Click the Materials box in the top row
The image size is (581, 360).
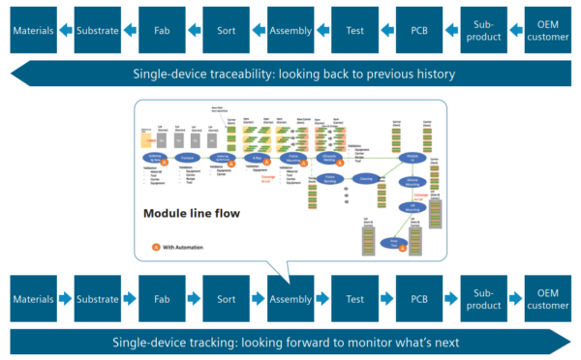(x=33, y=30)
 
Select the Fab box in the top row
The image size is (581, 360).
(x=162, y=30)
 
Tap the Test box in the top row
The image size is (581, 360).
(x=354, y=30)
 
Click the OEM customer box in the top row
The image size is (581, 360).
(x=547, y=30)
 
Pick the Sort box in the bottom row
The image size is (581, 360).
(x=226, y=299)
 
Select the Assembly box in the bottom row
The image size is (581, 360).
(x=290, y=299)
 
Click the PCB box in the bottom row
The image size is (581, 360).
(x=418, y=299)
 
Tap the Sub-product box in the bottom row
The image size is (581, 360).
(x=483, y=299)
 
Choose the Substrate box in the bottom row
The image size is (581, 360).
(x=97, y=299)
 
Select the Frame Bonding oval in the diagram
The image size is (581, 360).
(x=328, y=179)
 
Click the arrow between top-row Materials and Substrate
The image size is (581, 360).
(x=65, y=30)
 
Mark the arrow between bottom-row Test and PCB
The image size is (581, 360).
(x=386, y=299)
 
